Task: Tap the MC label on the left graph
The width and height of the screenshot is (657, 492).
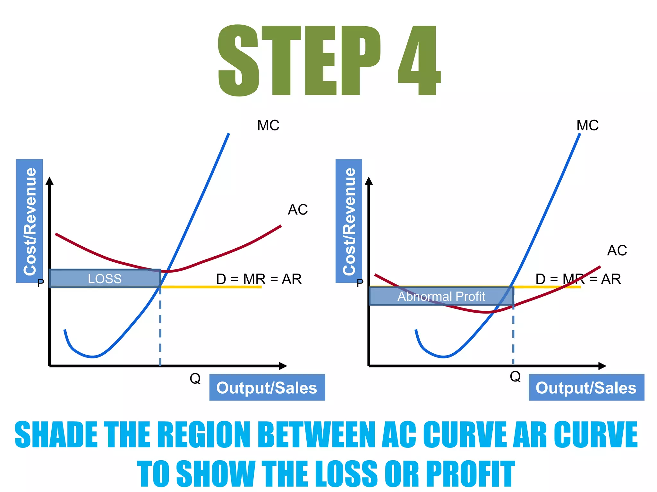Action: pos(268,125)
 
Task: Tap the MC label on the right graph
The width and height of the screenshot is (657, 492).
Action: pos(587,125)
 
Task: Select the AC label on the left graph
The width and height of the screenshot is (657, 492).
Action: pos(298,210)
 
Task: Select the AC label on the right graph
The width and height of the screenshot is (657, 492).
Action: pos(617,250)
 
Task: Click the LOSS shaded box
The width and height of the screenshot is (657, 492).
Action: pos(105,279)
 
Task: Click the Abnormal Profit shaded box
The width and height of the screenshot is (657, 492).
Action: pos(441,296)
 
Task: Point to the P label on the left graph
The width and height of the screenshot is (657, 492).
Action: pos(41,283)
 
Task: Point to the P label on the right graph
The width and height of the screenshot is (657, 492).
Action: pos(360,283)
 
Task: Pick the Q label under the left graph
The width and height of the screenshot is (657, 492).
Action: pos(195,379)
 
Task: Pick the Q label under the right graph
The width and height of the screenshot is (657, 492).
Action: pos(515,376)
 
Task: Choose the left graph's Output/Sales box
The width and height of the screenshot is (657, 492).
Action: pos(267,388)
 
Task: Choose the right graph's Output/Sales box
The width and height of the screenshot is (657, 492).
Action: pos(586,388)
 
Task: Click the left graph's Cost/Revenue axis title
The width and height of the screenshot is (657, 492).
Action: pos(30,221)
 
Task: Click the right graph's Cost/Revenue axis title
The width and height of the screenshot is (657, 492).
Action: pos(349,221)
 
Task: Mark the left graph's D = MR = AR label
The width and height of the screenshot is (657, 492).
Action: pos(259,279)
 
